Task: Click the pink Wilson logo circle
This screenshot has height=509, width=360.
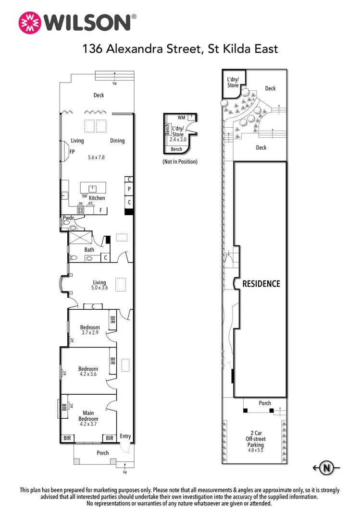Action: click(x=30, y=23)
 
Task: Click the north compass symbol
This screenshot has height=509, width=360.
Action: click(x=326, y=468)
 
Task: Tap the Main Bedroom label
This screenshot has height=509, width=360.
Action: click(x=88, y=416)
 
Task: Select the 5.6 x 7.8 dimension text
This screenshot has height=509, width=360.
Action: click(x=96, y=158)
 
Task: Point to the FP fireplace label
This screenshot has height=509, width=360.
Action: click(x=72, y=152)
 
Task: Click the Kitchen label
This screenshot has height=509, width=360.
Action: click(x=97, y=198)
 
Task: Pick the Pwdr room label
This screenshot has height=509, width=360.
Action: click(x=68, y=218)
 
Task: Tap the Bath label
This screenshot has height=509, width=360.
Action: click(x=89, y=250)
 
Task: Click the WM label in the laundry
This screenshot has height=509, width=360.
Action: click(x=181, y=118)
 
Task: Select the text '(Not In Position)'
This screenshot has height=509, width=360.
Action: click(x=180, y=162)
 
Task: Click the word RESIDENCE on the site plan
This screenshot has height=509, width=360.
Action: click(x=261, y=284)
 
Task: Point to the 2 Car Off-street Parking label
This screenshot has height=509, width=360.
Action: click(x=256, y=439)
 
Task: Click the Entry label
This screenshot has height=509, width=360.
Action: click(x=125, y=436)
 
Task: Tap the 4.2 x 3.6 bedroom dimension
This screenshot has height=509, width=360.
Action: click(x=88, y=374)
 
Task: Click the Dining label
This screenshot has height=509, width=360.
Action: click(x=117, y=141)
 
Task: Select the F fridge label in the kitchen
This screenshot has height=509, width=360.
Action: click(x=101, y=210)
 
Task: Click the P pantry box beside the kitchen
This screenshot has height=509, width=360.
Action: click(x=129, y=189)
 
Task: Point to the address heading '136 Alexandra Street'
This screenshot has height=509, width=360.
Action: click(x=141, y=48)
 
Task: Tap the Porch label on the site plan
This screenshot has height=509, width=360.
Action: click(x=265, y=403)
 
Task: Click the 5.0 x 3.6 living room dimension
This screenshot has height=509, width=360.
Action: click(x=99, y=288)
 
